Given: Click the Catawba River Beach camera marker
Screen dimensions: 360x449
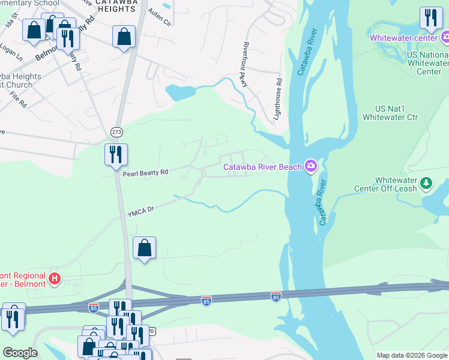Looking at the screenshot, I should click(310, 166).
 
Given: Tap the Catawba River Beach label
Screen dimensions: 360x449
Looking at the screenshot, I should click(262, 167).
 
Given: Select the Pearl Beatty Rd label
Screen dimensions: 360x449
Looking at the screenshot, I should click(145, 173).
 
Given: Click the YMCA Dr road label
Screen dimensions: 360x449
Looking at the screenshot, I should click(141, 211).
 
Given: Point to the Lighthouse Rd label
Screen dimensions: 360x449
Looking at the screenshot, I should click(278, 98).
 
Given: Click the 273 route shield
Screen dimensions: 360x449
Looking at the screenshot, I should click(116, 131).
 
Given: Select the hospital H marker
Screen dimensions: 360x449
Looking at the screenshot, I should click(55, 278).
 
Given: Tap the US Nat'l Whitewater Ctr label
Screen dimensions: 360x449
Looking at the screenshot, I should click(396, 113).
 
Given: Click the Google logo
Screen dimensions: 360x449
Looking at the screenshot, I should click(20, 353).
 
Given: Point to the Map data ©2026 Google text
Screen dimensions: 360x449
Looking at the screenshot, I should click(412, 355).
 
